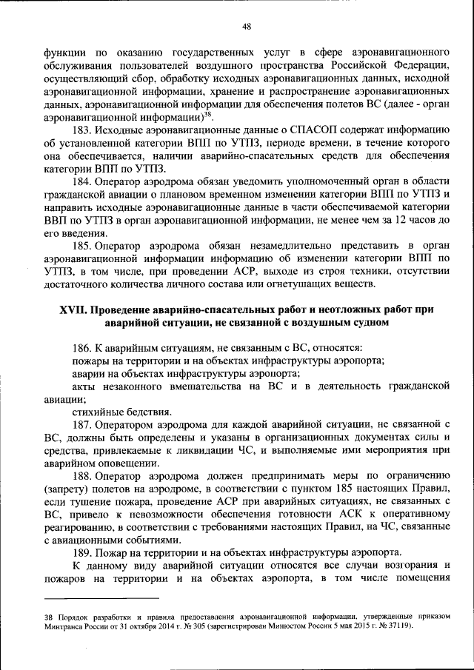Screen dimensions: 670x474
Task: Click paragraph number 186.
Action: tap(82, 346)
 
